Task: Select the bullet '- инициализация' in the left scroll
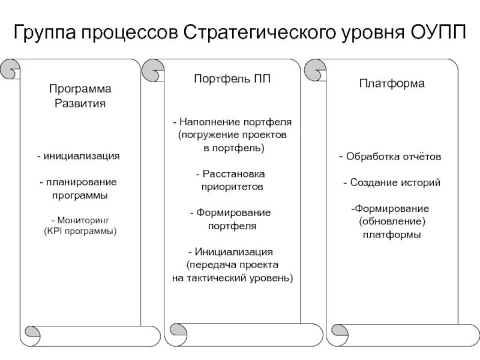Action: (x=78, y=156)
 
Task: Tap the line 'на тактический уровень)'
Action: (x=232, y=278)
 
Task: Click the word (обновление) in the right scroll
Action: (x=392, y=221)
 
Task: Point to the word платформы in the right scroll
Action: (x=392, y=235)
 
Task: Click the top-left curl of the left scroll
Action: (x=10, y=70)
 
